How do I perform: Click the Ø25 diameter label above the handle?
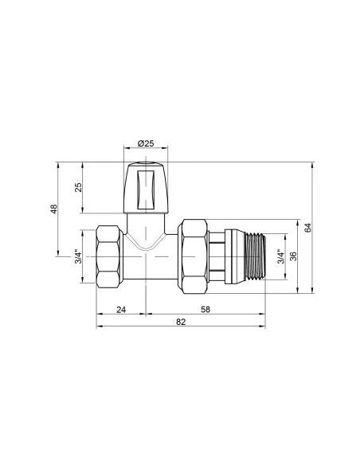[x=146, y=143]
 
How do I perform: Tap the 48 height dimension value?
[x=53, y=209]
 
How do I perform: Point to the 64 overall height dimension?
[x=307, y=228]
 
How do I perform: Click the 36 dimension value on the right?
[x=294, y=256]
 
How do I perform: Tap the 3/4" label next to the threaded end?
[x=280, y=256]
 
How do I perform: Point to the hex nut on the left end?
[x=108, y=256]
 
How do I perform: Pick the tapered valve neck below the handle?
[x=146, y=231]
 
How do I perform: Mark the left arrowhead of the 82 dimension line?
[x=99, y=327]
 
